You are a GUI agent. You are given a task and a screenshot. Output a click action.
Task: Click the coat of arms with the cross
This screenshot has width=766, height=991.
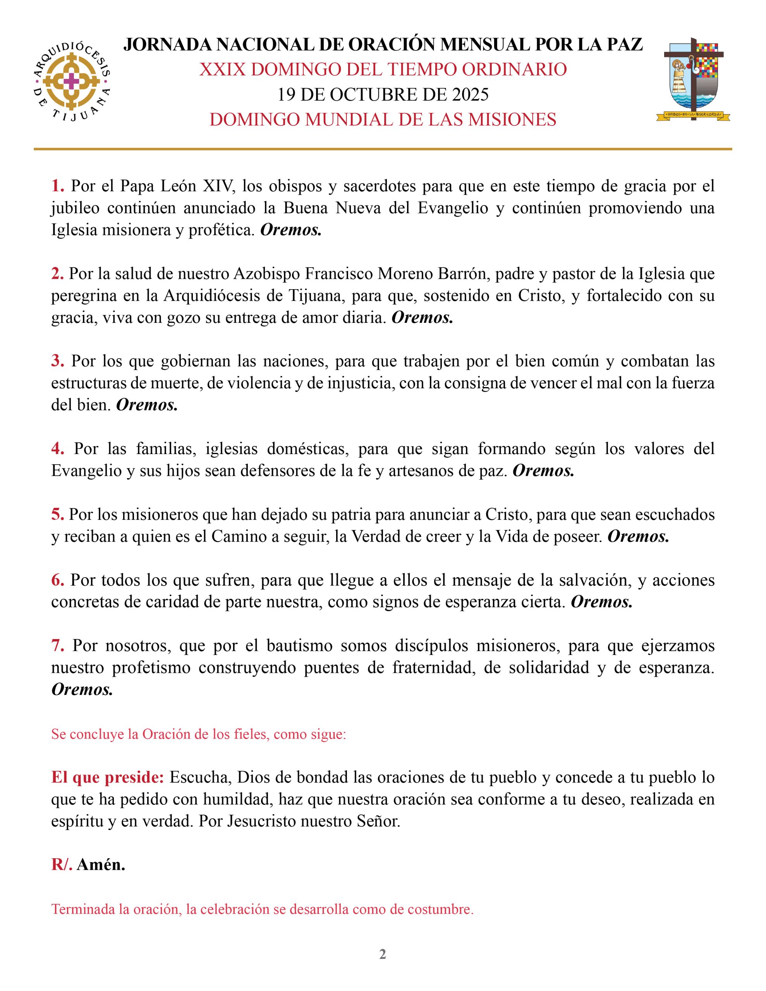point(693,79)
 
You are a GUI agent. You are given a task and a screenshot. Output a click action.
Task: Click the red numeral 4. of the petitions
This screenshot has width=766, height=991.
point(57,449)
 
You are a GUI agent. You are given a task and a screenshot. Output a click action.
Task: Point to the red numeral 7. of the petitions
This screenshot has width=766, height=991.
point(57,645)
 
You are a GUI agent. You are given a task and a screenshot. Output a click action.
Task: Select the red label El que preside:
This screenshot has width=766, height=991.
point(108,777)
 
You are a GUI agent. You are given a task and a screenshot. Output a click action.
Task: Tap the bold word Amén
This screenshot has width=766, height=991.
point(101,865)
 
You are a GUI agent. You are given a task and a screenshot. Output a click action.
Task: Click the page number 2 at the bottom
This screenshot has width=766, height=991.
point(383,954)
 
